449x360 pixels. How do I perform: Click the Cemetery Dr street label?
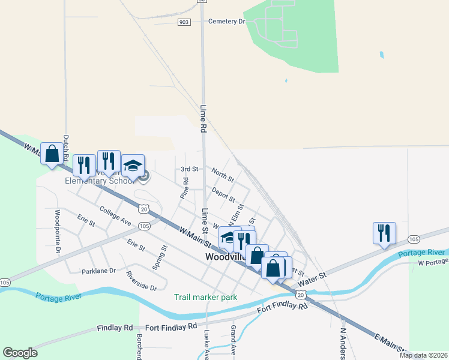tap(227, 22)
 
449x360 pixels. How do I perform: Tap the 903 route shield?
tap(184, 22)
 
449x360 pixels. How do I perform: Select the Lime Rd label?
tap(203, 118)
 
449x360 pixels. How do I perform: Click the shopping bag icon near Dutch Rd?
tap(52, 154)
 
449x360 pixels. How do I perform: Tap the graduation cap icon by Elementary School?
tap(133, 166)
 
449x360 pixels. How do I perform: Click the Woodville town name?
tap(226, 257)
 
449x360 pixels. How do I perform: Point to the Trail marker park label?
tap(205, 297)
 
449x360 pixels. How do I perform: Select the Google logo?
tap(20, 353)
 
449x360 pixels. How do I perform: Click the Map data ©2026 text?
tap(423, 355)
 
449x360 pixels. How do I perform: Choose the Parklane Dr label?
tap(98, 271)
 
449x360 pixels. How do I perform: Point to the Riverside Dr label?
tap(141, 280)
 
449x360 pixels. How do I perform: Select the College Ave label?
tap(116, 217)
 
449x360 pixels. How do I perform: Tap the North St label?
tap(222, 175)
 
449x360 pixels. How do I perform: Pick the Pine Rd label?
tap(185, 188)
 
